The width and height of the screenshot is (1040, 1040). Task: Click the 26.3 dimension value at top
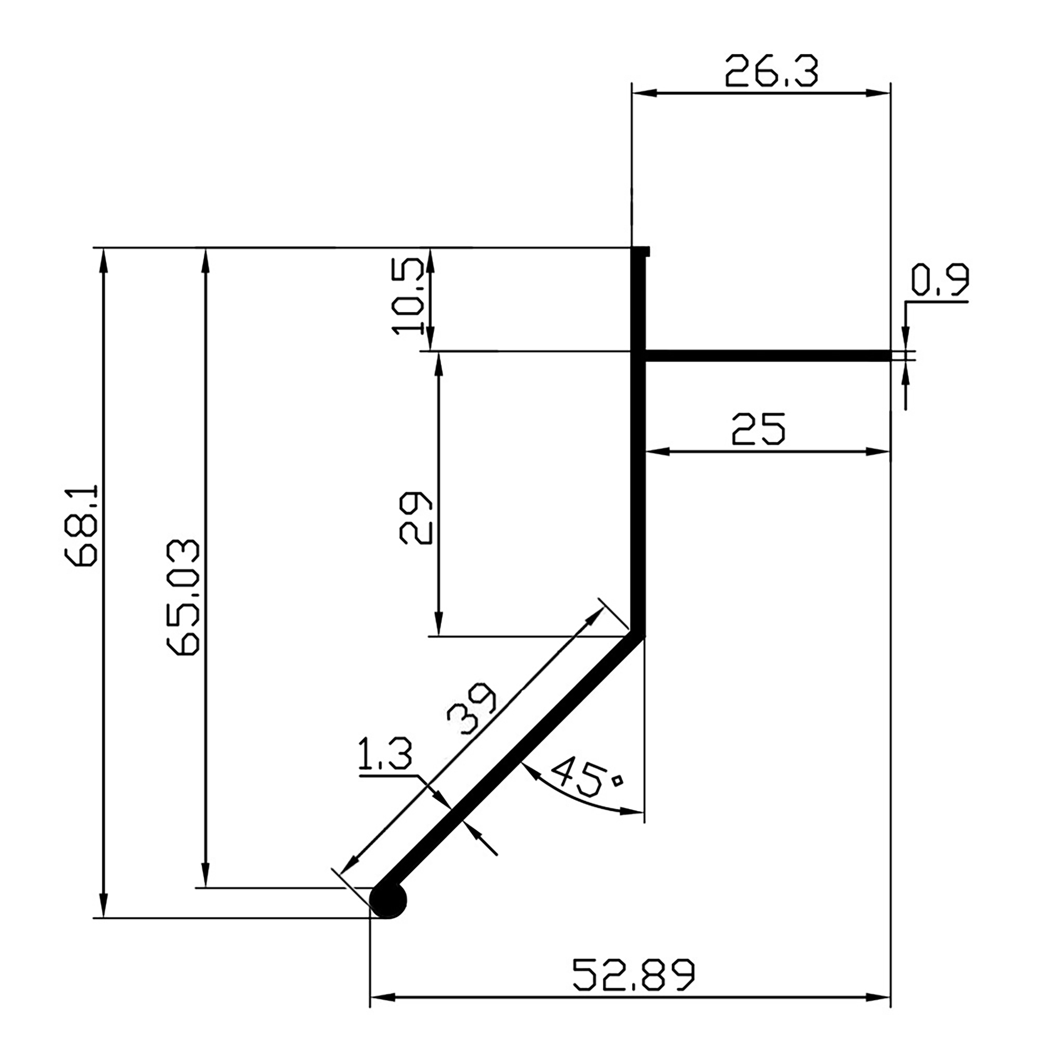771,71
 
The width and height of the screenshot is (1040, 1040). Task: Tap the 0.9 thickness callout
939,280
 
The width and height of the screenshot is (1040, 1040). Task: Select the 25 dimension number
758,429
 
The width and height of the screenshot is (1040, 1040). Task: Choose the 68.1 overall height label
81,525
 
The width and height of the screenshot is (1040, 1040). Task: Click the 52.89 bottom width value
634,974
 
